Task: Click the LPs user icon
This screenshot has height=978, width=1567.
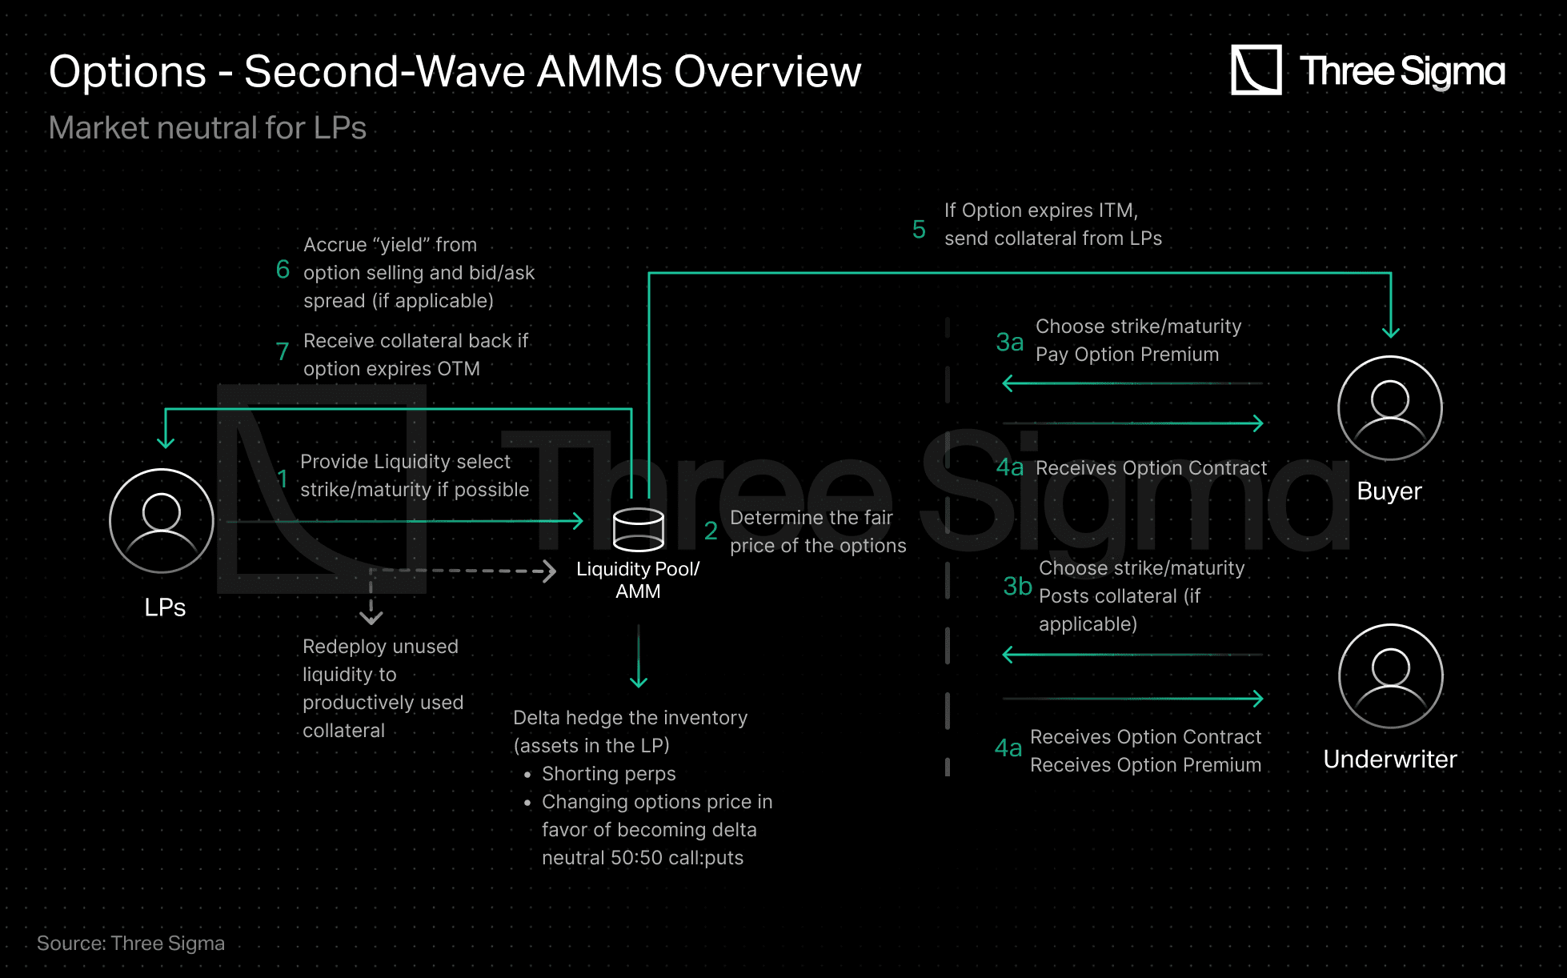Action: (x=162, y=521)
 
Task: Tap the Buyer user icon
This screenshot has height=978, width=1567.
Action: (x=1390, y=408)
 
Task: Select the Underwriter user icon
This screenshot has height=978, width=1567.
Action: (x=1391, y=676)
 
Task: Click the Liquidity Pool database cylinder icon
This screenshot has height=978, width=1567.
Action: (x=638, y=530)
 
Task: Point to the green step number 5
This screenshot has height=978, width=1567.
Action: (x=919, y=230)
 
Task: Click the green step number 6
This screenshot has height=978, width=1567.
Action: (x=283, y=270)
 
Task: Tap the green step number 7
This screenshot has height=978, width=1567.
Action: (x=282, y=351)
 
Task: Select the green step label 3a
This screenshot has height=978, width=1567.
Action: (x=1009, y=343)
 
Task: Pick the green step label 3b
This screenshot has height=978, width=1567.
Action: (x=1017, y=587)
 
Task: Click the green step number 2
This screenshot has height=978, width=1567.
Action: (x=711, y=531)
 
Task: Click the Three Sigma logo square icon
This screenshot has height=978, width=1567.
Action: (x=1256, y=70)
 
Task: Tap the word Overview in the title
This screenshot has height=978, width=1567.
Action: (x=767, y=72)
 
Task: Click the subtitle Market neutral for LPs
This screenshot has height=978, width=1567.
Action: (x=207, y=128)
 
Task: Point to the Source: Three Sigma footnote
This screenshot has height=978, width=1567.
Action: (x=130, y=944)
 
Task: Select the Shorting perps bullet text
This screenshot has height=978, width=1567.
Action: (x=608, y=774)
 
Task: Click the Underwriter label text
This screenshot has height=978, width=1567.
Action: (x=1390, y=759)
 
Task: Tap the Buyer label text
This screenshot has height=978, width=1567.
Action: (x=1389, y=491)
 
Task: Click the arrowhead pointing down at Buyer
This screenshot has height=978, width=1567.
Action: (x=1391, y=331)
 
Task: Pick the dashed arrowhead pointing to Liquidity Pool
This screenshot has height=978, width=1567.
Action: (x=549, y=571)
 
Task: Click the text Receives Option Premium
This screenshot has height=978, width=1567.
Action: (x=1145, y=765)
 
